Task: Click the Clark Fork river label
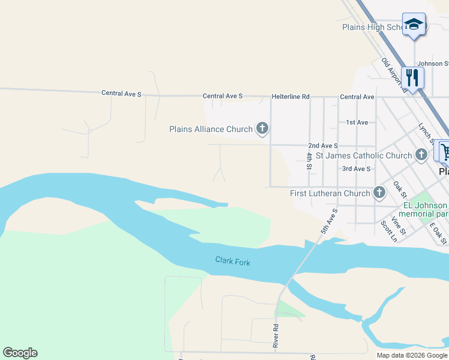(x=233, y=261)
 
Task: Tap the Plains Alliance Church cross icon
(x=262, y=128)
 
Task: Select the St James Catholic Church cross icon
(x=421, y=155)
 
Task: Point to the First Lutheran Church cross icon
(x=379, y=193)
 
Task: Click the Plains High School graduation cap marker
(x=414, y=25)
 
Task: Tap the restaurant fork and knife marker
(x=412, y=77)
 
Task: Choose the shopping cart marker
(x=445, y=151)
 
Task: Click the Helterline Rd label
(x=291, y=96)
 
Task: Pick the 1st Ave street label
(x=357, y=122)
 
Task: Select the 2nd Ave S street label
(x=323, y=145)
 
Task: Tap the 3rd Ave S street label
(x=357, y=169)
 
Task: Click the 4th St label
(x=309, y=161)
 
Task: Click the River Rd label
(x=276, y=336)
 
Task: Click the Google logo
(x=20, y=353)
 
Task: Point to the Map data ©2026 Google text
(x=412, y=355)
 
